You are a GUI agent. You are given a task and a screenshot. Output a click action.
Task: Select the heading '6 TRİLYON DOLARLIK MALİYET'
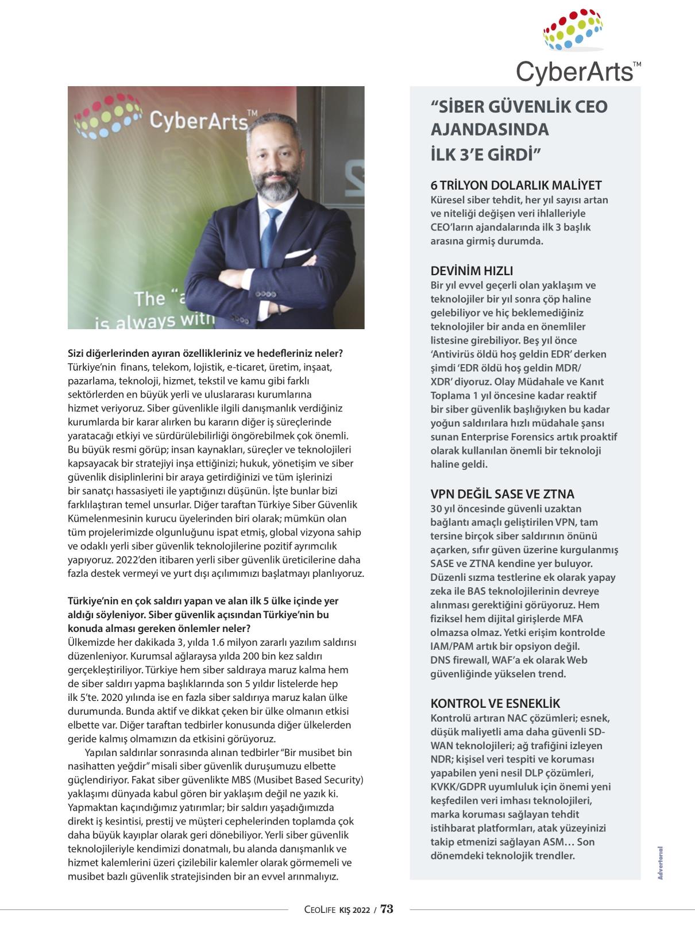coord(516,186)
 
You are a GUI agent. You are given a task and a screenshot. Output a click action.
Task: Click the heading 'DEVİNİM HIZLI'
coord(472,271)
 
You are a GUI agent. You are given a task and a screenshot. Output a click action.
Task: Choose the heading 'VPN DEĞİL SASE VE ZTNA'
coord(502,494)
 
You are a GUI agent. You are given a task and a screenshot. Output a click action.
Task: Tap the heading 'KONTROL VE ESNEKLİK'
coord(495,704)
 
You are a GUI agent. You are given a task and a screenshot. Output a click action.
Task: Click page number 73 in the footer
coord(387,909)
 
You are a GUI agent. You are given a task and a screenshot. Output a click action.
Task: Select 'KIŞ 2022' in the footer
coord(355,909)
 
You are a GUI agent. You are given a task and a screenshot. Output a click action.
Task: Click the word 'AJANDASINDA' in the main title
coord(489,130)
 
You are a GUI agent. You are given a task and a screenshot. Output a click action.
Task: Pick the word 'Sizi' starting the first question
coord(77,353)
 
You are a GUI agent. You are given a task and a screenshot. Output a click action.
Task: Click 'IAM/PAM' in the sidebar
coord(449,646)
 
